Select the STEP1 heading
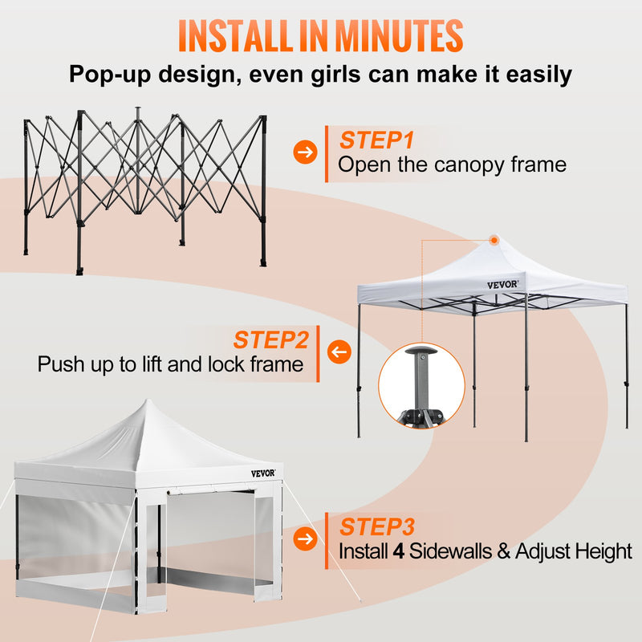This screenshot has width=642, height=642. pyautogui.click(x=376, y=140)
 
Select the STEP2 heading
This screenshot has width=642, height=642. pyautogui.click(x=270, y=339)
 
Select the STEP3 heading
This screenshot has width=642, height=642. pyautogui.click(x=376, y=526)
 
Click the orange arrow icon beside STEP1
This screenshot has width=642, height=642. pyautogui.click(x=304, y=152)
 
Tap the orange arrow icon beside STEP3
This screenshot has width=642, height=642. pyautogui.click(x=304, y=538)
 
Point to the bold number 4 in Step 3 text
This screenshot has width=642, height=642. pyautogui.click(x=397, y=552)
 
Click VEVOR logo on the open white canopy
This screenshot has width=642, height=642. pyautogui.click(x=503, y=284)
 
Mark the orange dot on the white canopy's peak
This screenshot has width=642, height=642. pyautogui.click(x=494, y=239)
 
